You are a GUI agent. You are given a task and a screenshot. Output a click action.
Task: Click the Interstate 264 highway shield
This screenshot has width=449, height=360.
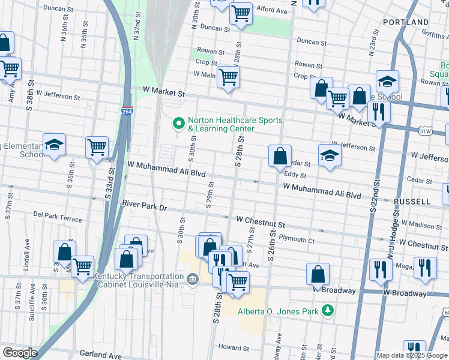coord(127,112)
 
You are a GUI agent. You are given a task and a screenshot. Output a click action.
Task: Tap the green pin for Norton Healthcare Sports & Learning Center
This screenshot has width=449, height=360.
coord(178,124)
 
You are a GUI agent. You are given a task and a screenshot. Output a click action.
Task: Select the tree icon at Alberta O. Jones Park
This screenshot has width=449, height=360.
coord(328,310)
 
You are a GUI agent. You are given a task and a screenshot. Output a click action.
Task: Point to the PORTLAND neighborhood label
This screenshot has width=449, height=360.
coord(405,22)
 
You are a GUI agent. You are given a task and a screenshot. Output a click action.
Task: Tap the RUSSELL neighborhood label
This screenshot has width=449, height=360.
coord(413,202)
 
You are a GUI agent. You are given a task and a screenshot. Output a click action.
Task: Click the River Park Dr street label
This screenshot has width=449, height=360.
coord(143,205)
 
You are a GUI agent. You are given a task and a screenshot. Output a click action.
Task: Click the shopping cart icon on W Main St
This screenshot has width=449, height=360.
coord(228,76)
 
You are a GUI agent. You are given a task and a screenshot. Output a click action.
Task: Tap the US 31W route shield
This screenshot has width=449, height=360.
coord(425,130)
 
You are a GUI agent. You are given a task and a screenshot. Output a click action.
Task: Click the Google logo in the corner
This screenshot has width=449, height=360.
coord(19,353)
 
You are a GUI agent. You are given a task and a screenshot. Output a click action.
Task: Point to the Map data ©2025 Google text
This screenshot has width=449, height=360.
coord(412,355)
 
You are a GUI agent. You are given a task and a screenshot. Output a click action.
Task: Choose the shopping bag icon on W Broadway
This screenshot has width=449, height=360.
coord(318,274)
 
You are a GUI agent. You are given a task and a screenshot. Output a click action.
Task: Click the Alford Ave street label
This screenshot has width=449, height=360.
coord(272,10)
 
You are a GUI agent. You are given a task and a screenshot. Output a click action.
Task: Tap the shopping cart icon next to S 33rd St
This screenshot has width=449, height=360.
coord(97,146)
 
